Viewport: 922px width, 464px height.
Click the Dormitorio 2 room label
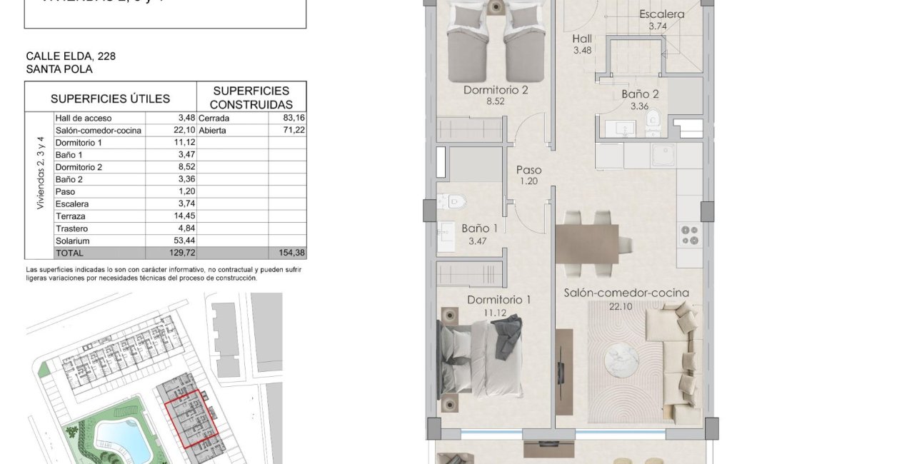(x=496, y=91)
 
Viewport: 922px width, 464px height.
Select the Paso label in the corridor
(x=529, y=171)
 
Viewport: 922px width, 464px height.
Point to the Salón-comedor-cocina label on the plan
(x=626, y=293)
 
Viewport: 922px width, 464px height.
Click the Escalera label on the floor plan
(x=661, y=14)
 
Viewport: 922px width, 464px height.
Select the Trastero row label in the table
(x=71, y=228)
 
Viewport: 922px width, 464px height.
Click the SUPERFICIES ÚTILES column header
(x=110, y=99)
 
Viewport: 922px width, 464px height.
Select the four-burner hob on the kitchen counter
(x=689, y=235)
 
